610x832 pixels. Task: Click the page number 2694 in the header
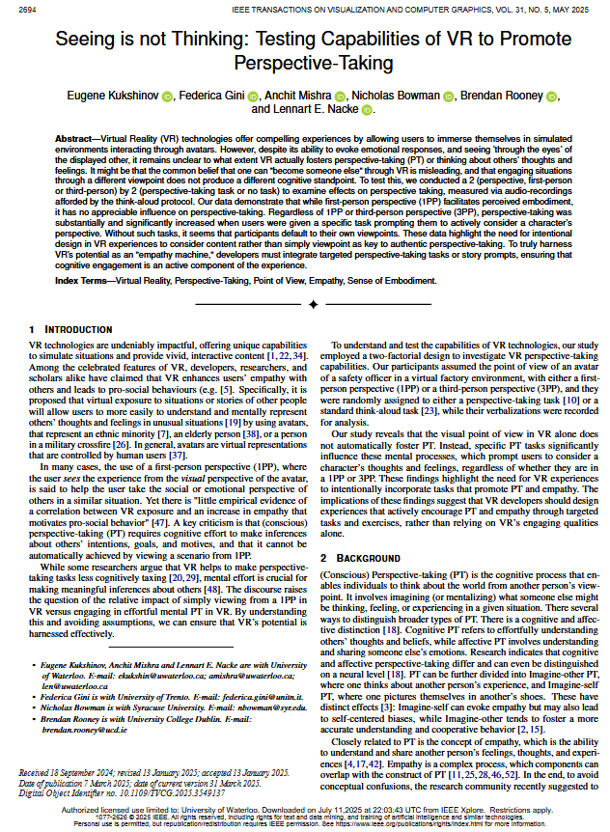point(28,10)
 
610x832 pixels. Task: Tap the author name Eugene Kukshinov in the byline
point(112,97)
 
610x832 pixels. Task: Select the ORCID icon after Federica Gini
point(254,97)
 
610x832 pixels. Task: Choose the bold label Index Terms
point(83,280)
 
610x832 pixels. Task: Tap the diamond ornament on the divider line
point(313,305)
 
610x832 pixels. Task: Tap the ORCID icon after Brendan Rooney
point(552,97)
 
